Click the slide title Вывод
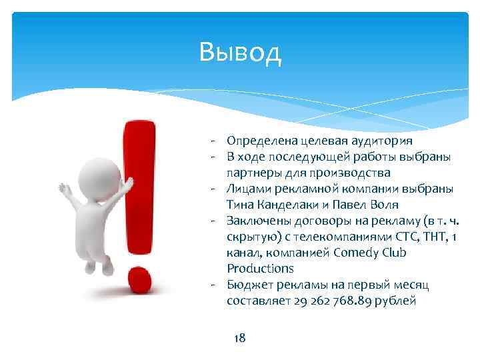coord(241,51)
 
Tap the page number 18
coord(240,338)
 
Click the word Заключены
coord(257,221)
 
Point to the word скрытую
coord(250,237)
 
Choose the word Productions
coord(260,269)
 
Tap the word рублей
coord(395,301)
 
